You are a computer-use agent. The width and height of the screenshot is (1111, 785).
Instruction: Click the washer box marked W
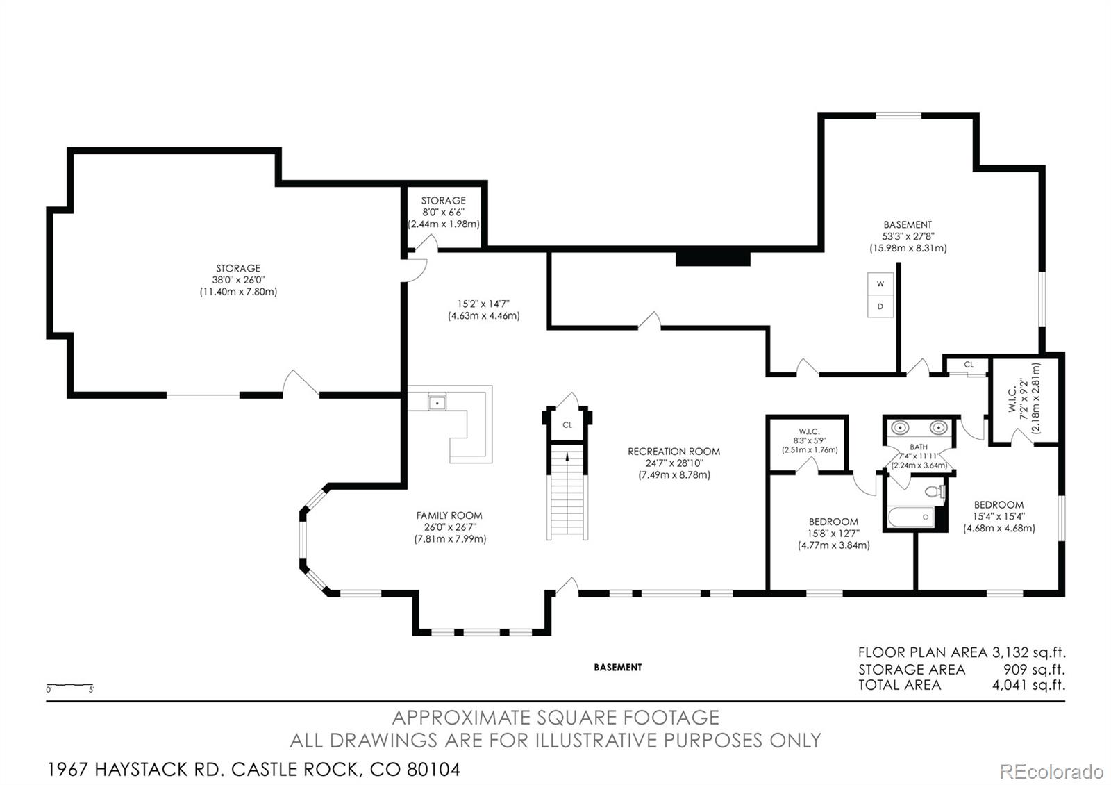click(x=880, y=284)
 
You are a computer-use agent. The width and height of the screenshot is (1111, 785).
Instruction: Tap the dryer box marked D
click(x=880, y=306)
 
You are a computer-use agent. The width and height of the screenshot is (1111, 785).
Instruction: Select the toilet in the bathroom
click(x=935, y=491)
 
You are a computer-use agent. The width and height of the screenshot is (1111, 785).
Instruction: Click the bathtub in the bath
click(x=911, y=517)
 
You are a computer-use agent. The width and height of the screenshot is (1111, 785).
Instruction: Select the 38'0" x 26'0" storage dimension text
click(x=238, y=280)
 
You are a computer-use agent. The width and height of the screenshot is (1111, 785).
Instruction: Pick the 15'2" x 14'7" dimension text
click(x=483, y=304)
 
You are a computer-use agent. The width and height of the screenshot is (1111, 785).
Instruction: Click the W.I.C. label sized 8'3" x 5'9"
click(x=810, y=431)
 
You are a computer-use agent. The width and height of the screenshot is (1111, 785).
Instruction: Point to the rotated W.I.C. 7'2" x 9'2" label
click(x=1024, y=399)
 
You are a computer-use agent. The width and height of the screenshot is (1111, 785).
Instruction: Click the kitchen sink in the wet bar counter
click(x=437, y=403)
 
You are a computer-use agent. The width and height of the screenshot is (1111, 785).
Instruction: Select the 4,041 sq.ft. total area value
click(x=1028, y=685)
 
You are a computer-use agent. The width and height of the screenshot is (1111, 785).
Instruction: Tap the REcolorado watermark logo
click(x=1051, y=772)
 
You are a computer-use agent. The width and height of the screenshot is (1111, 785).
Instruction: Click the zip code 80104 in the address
click(x=433, y=770)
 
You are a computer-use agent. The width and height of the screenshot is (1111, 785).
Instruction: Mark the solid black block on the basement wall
click(x=712, y=258)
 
